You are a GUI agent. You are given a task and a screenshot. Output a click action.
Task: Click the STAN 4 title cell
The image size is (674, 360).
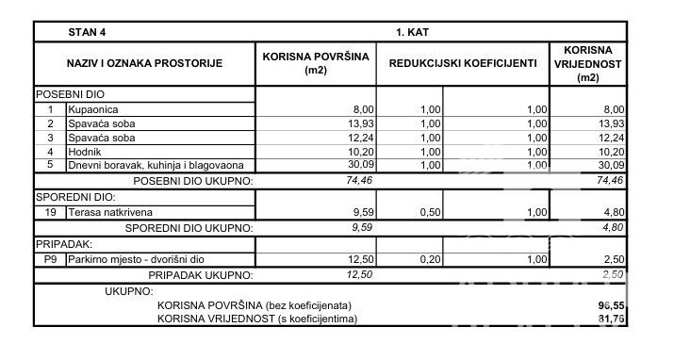point(87,31)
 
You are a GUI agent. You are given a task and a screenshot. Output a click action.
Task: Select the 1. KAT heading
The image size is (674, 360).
point(413,31)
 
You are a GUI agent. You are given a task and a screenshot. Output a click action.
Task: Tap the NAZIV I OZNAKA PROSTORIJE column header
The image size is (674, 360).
point(144,64)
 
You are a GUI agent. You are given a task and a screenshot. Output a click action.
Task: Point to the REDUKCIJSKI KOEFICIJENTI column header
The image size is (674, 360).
point(457,64)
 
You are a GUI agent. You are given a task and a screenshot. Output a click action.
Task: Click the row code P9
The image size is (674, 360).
point(50,259)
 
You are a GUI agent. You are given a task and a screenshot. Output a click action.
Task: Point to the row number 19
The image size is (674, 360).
point(50,212)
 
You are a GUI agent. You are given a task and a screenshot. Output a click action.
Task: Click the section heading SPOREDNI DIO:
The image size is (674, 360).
point(74,197)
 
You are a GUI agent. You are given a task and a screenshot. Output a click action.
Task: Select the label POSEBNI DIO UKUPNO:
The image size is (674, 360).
point(193,180)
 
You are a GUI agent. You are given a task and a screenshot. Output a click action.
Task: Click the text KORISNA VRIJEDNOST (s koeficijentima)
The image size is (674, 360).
point(257,319)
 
